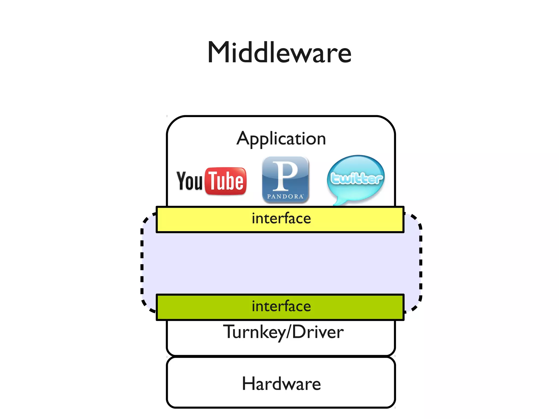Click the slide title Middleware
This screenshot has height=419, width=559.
coord(279,52)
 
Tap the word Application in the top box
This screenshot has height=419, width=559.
coord(281,139)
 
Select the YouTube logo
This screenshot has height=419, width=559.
coord(212,181)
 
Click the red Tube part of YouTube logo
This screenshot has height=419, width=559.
coord(226,181)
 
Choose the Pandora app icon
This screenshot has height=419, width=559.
coord(285,180)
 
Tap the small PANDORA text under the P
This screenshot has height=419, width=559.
coord(285,197)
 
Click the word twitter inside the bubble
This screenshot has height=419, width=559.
coord(356,179)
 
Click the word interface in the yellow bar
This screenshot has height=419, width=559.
coord(281,219)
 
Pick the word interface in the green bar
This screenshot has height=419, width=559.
coord(281,306)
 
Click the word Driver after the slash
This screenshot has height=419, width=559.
coord(318,332)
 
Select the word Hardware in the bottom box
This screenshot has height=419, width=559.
coord(281,384)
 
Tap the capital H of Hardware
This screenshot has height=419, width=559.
coord(248,383)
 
